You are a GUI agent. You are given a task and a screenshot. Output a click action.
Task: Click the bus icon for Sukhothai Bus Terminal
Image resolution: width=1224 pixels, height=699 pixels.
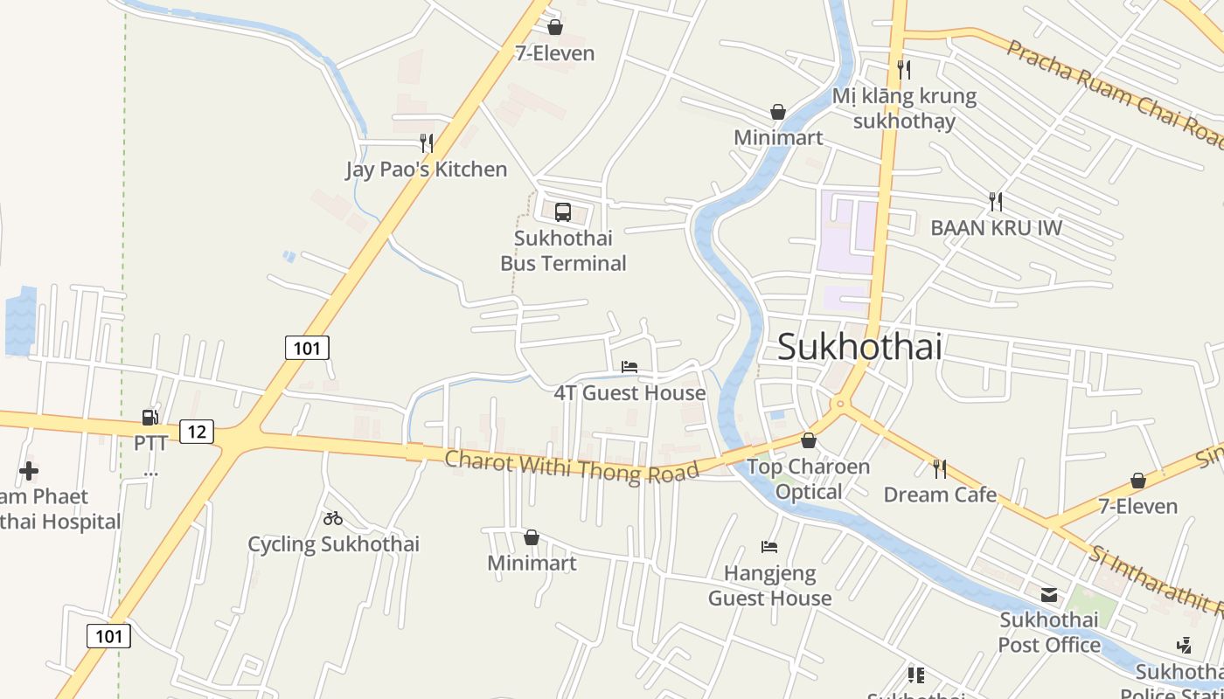[x=563, y=212]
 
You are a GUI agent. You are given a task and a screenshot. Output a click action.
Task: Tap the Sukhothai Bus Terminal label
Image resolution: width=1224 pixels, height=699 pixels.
[x=563, y=251]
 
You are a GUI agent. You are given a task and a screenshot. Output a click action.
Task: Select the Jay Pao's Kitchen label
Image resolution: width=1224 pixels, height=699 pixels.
[x=426, y=170]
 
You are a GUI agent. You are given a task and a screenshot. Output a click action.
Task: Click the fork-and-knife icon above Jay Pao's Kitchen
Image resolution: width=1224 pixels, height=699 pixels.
[x=427, y=142]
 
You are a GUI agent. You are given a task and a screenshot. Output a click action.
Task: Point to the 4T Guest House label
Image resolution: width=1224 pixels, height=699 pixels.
[x=629, y=393]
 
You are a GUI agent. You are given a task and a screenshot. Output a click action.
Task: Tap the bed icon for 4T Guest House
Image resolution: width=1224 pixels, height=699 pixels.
[x=629, y=367]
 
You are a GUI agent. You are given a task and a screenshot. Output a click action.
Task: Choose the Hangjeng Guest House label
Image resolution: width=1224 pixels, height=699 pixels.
[x=769, y=586]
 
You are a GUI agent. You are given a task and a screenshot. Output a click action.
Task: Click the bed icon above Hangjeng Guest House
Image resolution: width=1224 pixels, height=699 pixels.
[x=769, y=547]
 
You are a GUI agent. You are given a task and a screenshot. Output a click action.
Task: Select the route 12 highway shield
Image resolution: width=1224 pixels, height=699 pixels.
[x=197, y=431]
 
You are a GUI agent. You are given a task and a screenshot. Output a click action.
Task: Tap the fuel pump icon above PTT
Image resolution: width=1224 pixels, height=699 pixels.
[x=150, y=418]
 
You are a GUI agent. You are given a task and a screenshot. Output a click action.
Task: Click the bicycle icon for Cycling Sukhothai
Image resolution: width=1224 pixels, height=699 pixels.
[x=333, y=518]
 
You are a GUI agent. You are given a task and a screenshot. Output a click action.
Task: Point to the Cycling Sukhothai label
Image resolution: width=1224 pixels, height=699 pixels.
[x=333, y=544]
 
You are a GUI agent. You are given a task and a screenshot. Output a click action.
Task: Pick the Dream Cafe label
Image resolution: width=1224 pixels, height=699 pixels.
[x=940, y=495]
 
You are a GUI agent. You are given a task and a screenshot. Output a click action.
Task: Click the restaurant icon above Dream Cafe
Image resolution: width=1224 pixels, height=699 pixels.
[x=940, y=469]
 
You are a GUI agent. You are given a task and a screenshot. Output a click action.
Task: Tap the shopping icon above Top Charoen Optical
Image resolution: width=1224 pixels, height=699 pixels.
[x=809, y=440]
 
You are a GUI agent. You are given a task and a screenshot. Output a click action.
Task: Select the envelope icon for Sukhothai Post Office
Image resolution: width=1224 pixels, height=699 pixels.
[x=1049, y=595]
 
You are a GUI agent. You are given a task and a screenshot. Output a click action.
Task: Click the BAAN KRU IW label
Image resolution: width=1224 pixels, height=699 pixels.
[x=996, y=228]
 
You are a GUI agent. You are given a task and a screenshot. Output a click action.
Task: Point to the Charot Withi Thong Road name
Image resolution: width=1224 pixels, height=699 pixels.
[x=572, y=466]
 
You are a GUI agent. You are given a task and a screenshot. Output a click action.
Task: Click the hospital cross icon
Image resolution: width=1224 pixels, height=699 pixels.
[x=29, y=471]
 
